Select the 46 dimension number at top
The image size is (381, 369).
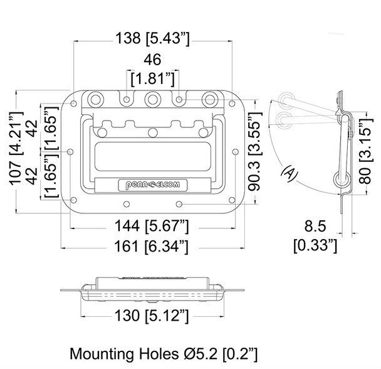tap(152, 61)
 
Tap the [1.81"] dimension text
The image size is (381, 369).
tap(152, 80)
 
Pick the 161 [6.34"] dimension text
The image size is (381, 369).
tap(152, 247)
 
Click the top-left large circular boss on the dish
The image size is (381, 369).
tap(96, 99)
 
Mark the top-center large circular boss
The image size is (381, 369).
tap(152, 99)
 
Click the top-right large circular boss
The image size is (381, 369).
tap(209, 99)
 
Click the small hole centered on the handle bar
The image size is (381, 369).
tap(152, 132)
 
